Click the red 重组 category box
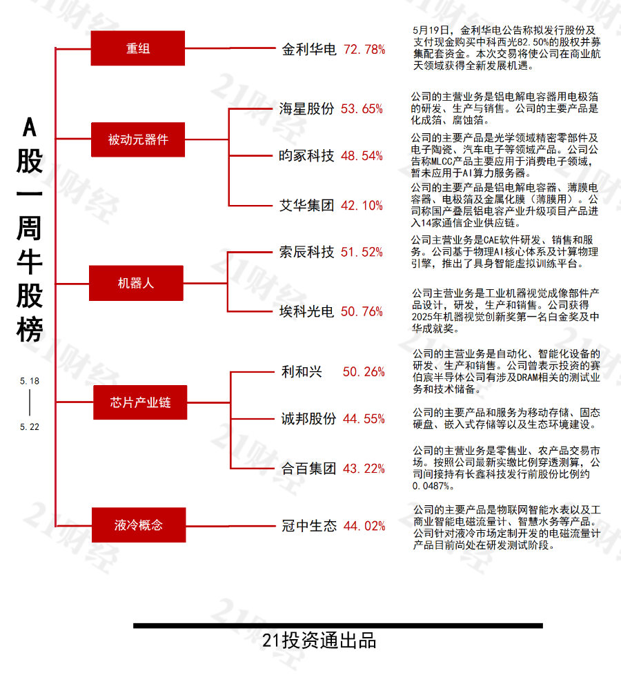pos(138,48)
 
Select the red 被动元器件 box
pos(138,139)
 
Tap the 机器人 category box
pos(136,283)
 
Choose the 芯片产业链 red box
pos(140,402)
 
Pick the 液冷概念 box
pos(139,525)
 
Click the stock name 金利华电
pos(309,50)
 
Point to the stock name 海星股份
pos(306,108)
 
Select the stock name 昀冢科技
pos(306,155)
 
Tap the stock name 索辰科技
pos(306,252)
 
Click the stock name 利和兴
pos(302,371)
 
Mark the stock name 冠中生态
pos(309,526)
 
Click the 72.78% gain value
pos(364,50)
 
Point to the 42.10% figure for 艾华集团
pos(362,206)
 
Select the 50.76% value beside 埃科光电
pos(362,311)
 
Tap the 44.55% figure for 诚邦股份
pos(364,418)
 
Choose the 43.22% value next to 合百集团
pos(364,469)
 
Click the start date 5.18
pos(29,381)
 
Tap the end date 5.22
pos(29,427)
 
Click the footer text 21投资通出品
pos(319,640)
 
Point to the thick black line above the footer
pos(338,625)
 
